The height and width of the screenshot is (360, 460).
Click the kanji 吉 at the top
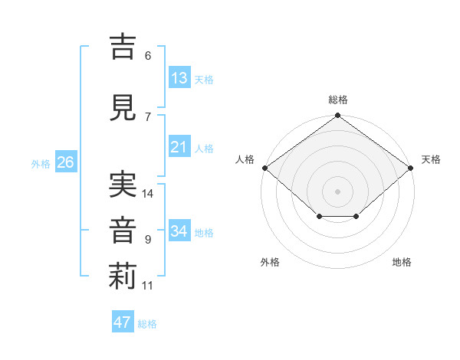(123, 47)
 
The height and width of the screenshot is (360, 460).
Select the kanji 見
(123, 107)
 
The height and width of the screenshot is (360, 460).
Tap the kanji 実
(123, 185)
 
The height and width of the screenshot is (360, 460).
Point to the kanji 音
(123, 231)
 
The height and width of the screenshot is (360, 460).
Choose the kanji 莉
(123, 277)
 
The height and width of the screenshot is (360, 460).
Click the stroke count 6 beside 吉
(148, 56)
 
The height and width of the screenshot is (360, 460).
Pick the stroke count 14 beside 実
(147, 194)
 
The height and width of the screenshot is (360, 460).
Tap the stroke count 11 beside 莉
(147, 286)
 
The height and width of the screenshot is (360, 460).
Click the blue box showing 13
(180, 77)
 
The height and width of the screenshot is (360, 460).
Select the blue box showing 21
(180, 146)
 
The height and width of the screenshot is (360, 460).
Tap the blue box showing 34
(180, 230)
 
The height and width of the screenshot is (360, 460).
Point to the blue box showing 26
(66, 162)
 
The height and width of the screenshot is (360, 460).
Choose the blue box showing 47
(123, 321)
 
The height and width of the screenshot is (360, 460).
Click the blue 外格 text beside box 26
(41, 164)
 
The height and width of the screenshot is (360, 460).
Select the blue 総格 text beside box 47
(147, 324)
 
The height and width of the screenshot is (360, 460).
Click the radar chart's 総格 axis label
(338, 100)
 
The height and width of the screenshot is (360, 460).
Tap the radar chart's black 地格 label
(402, 262)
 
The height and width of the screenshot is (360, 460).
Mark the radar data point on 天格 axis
(411, 168)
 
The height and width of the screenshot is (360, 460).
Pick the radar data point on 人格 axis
(265, 168)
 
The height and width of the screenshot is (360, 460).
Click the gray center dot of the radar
(337, 191)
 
